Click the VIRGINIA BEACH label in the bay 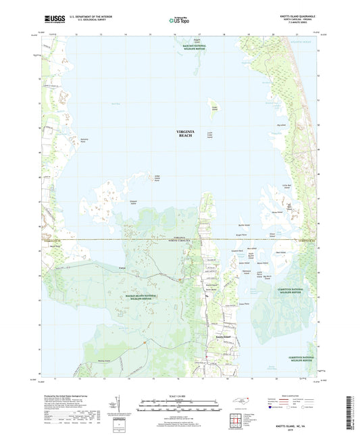[x=184, y=133]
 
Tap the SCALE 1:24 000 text [x=179, y=396]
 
